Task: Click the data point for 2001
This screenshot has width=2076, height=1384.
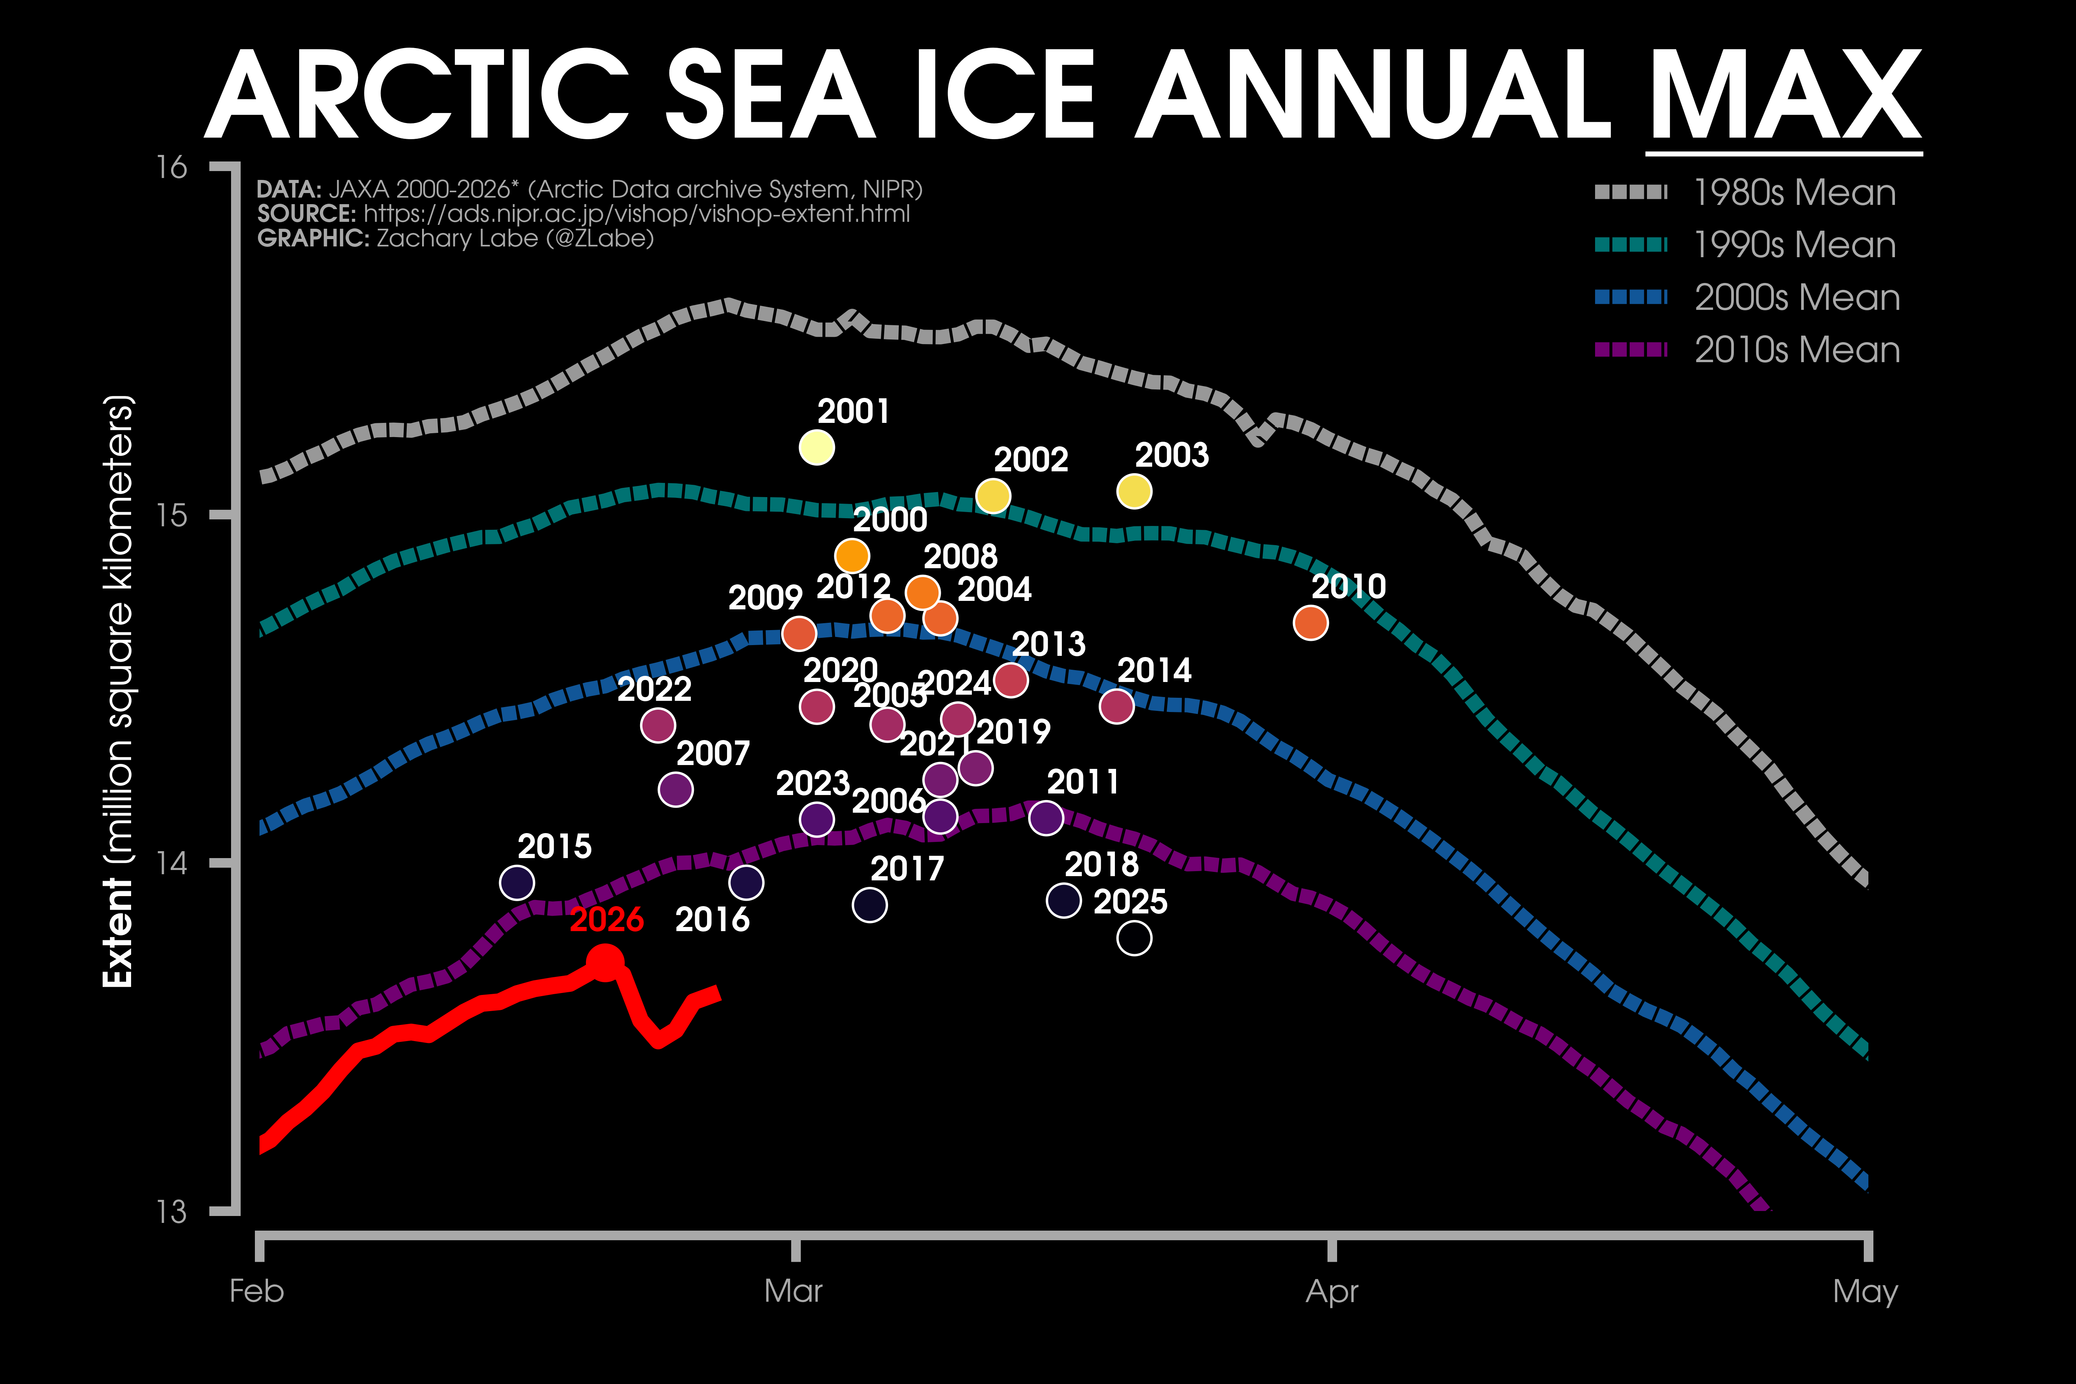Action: pyautogui.click(x=817, y=447)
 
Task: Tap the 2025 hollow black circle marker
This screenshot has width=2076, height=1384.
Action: pyautogui.click(x=1134, y=938)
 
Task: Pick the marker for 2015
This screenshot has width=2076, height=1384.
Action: pyautogui.click(x=516, y=883)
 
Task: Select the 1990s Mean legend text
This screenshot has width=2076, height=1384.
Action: pyautogui.click(x=1795, y=245)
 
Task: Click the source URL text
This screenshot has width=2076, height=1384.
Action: pyautogui.click(x=635, y=214)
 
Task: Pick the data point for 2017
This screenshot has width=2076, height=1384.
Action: pyautogui.click(x=869, y=905)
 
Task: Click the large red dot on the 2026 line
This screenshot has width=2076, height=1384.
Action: pyautogui.click(x=605, y=962)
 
